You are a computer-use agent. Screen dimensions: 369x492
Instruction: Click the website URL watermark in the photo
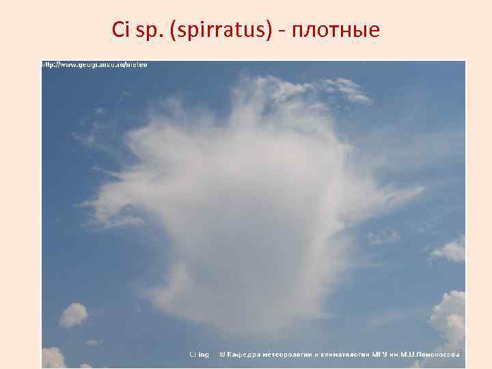pyautogui.click(x=96, y=65)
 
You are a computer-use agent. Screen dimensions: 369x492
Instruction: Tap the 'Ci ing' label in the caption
pyautogui.click(x=200, y=354)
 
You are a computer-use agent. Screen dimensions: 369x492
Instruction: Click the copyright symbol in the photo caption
pyautogui.click(x=222, y=354)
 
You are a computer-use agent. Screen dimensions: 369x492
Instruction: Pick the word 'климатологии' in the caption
pyautogui.click(x=344, y=354)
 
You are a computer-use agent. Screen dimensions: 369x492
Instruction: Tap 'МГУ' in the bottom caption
pyautogui.click(x=379, y=354)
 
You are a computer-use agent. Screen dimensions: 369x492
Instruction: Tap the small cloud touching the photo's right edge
pyautogui.click(x=450, y=249)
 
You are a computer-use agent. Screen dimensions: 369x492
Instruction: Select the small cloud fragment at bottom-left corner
pyautogui.click(x=53, y=357)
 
